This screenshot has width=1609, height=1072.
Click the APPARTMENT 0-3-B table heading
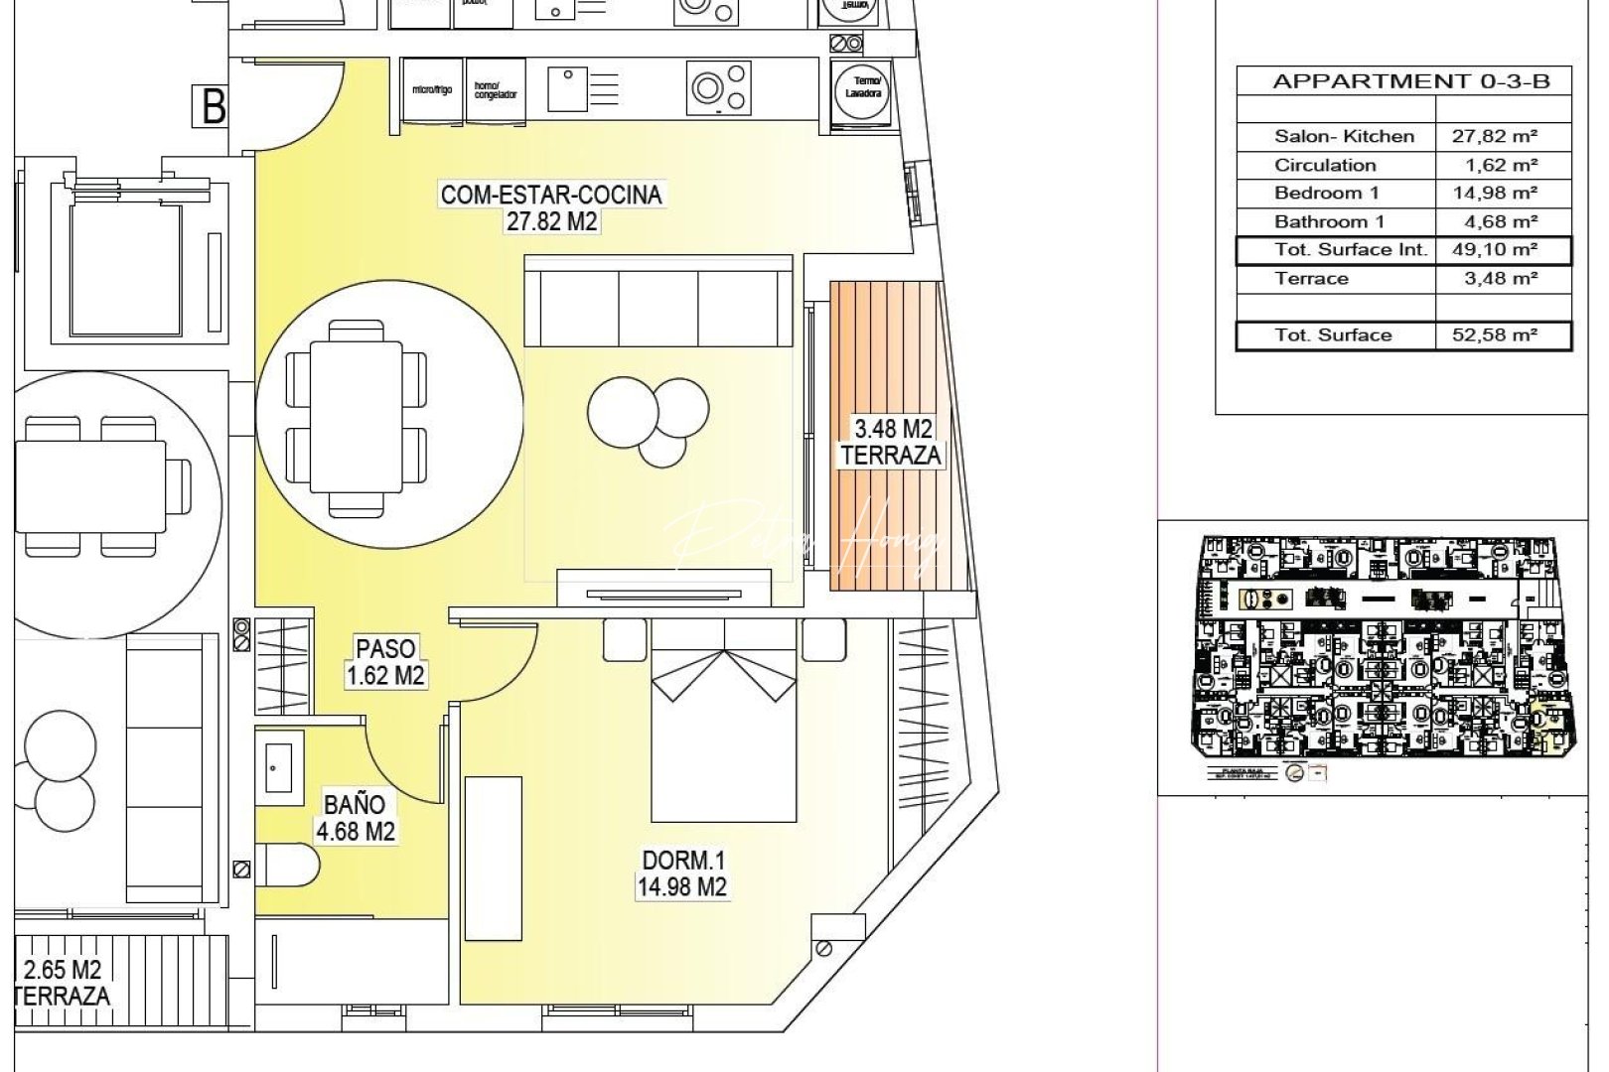coord(1410,81)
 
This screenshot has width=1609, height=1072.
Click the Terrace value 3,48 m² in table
coord(1501,279)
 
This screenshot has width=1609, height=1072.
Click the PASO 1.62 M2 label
coord(385,662)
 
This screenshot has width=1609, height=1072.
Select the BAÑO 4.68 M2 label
coord(355,817)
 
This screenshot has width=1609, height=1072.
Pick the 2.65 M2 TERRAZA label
coord(62,982)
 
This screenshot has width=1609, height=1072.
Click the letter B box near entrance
coord(212,107)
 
